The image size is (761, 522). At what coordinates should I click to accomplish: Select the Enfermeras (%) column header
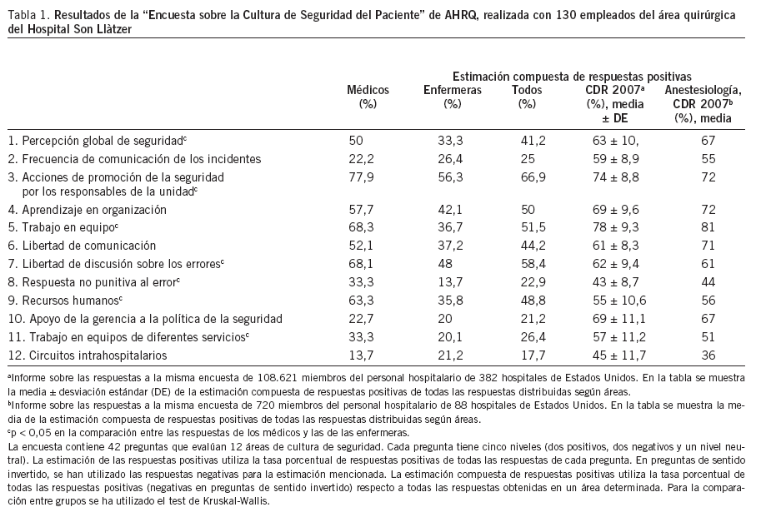pyautogui.click(x=452, y=97)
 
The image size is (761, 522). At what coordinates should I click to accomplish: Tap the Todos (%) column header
pyautogui.click(x=526, y=97)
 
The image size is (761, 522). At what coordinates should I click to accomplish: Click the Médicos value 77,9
pyautogui.click(x=361, y=176)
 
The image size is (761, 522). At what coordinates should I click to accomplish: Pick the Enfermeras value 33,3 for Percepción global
pyautogui.click(x=450, y=140)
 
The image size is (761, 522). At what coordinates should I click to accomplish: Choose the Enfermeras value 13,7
pyautogui.click(x=450, y=282)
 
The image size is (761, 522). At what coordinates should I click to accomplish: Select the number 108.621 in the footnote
pyautogui.click(x=247, y=380)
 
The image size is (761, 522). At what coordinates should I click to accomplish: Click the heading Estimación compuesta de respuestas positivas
pyautogui.click(x=572, y=75)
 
